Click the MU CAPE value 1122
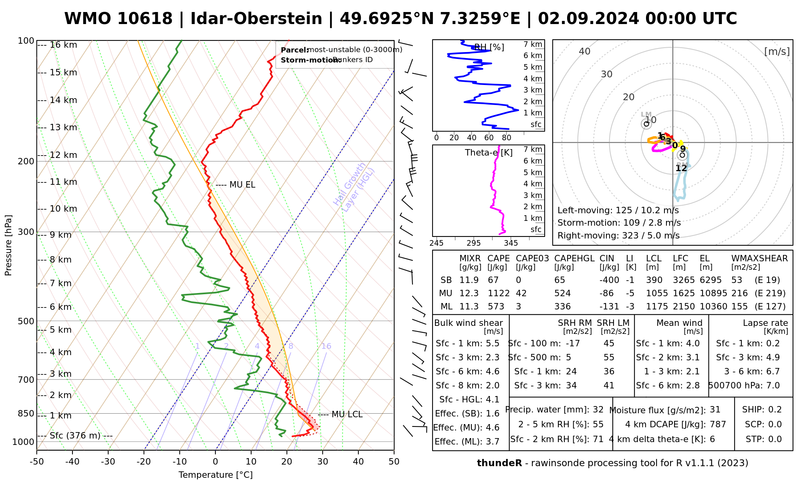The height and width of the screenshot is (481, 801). coord(498,293)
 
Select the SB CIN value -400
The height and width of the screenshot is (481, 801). coord(609,280)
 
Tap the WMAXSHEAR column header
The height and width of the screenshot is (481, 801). coord(759,259)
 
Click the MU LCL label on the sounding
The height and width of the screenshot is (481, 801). coord(347,414)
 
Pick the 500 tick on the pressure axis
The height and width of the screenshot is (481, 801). coord(26,321)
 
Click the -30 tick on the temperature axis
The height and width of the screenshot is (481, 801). coord(108,462)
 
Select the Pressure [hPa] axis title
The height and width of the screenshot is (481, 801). coord(8,245)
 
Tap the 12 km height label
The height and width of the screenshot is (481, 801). coord(63,155)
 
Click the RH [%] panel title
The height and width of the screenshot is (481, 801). coord(489,47)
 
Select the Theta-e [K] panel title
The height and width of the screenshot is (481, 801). coord(489,153)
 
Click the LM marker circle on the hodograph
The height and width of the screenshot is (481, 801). coord(646,124)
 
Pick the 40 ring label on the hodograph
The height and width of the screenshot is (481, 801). coord(585,51)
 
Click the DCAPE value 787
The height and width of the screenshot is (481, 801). coord(718,424)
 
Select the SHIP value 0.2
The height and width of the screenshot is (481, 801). coord(775,410)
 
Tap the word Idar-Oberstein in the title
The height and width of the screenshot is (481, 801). coord(256,19)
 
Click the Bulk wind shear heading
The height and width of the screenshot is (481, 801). coord(469,323)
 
